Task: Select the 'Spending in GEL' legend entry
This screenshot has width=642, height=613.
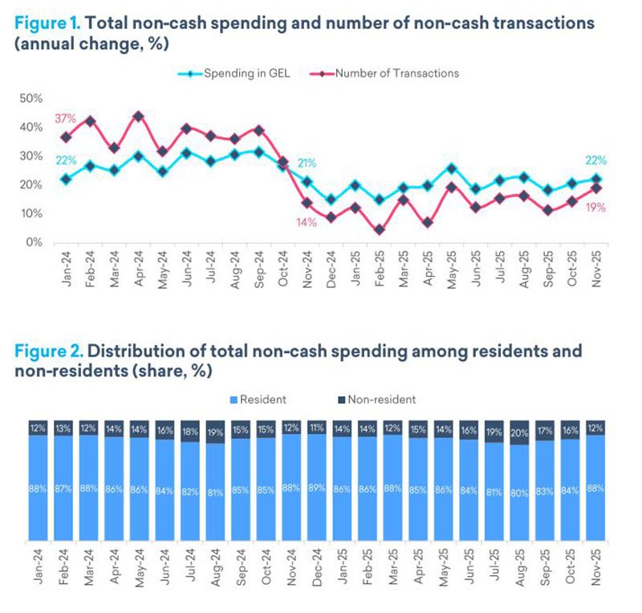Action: click(x=241, y=73)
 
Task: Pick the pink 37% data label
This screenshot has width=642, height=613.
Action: click(x=66, y=120)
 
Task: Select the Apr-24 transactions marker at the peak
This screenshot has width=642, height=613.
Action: click(x=137, y=116)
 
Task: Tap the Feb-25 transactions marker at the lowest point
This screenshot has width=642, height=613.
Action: click(x=379, y=229)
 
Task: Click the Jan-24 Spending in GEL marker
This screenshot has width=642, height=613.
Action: click(x=65, y=179)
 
